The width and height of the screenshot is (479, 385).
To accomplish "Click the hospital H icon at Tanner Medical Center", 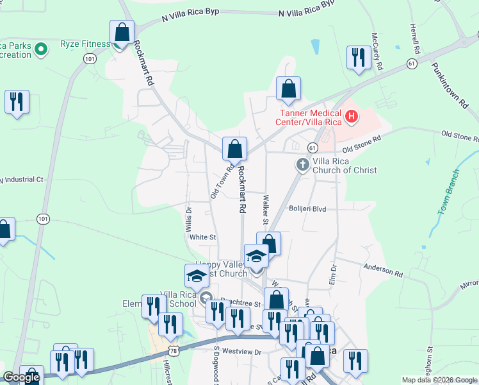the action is (351, 116).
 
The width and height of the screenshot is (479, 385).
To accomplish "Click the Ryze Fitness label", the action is (85, 44).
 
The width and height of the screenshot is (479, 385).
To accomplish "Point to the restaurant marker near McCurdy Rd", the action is (357, 58).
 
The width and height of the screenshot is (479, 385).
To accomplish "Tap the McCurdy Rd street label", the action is (378, 51).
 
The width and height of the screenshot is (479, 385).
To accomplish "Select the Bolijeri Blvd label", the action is (307, 209).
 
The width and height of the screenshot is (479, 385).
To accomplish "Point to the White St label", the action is (203, 237).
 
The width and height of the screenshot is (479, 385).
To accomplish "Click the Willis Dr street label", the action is (189, 218).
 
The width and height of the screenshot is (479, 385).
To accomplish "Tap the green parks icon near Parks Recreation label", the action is (40, 49).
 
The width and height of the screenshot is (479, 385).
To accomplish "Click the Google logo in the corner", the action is (21, 378).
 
